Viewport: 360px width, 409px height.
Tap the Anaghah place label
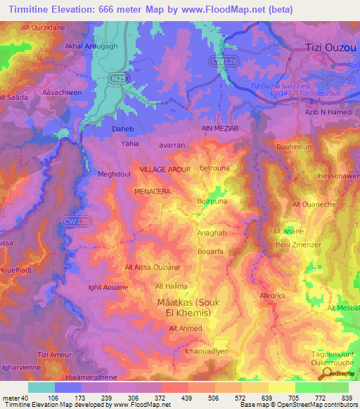212,233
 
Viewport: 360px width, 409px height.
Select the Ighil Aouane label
108,287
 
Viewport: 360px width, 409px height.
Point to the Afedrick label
274,295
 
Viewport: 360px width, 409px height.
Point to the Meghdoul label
114,174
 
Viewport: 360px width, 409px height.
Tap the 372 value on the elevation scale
163,398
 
